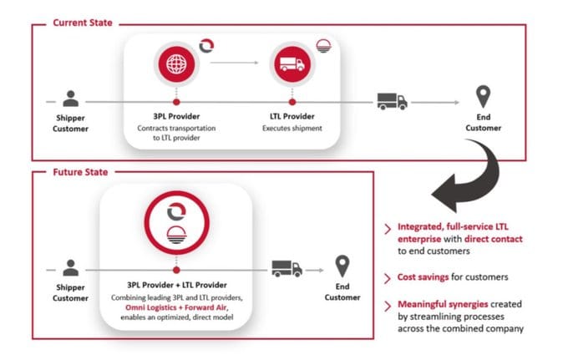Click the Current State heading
[x=83, y=23]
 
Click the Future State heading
[x=80, y=172]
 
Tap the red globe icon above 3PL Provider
[x=176, y=64]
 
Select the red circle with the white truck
[x=292, y=64]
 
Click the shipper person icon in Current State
[x=71, y=99]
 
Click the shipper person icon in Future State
[x=71, y=268]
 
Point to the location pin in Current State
[x=483, y=96]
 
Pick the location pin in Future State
[x=342, y=266]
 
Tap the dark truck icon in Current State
[x=393, y=101]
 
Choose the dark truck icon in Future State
[x=287, y=269]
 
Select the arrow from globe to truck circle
[x=235, y=63]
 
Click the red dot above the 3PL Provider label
[x=176, y=102]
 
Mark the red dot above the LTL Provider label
[x=292, y=102]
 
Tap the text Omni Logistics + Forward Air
[x=176, y=307]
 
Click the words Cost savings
[x=423, y=277]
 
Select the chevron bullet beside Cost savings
[x=388, y=278]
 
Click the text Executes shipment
[x=292, y=128]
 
